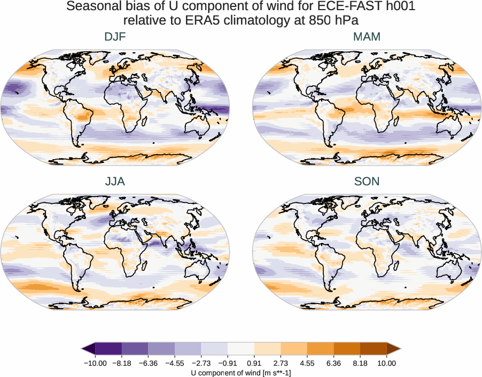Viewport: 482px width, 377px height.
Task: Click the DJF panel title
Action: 115,37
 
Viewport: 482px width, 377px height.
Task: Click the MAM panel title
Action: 367,37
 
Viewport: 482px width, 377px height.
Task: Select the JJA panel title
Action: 115,182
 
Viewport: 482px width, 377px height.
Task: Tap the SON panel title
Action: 367,182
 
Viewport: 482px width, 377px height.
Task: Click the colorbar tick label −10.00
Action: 95,363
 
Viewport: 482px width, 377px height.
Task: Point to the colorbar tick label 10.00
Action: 387,363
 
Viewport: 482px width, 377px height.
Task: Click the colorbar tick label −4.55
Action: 175,363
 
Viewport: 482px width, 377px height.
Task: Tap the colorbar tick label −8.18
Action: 122,363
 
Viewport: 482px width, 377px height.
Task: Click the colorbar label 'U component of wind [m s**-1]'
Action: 241,373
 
